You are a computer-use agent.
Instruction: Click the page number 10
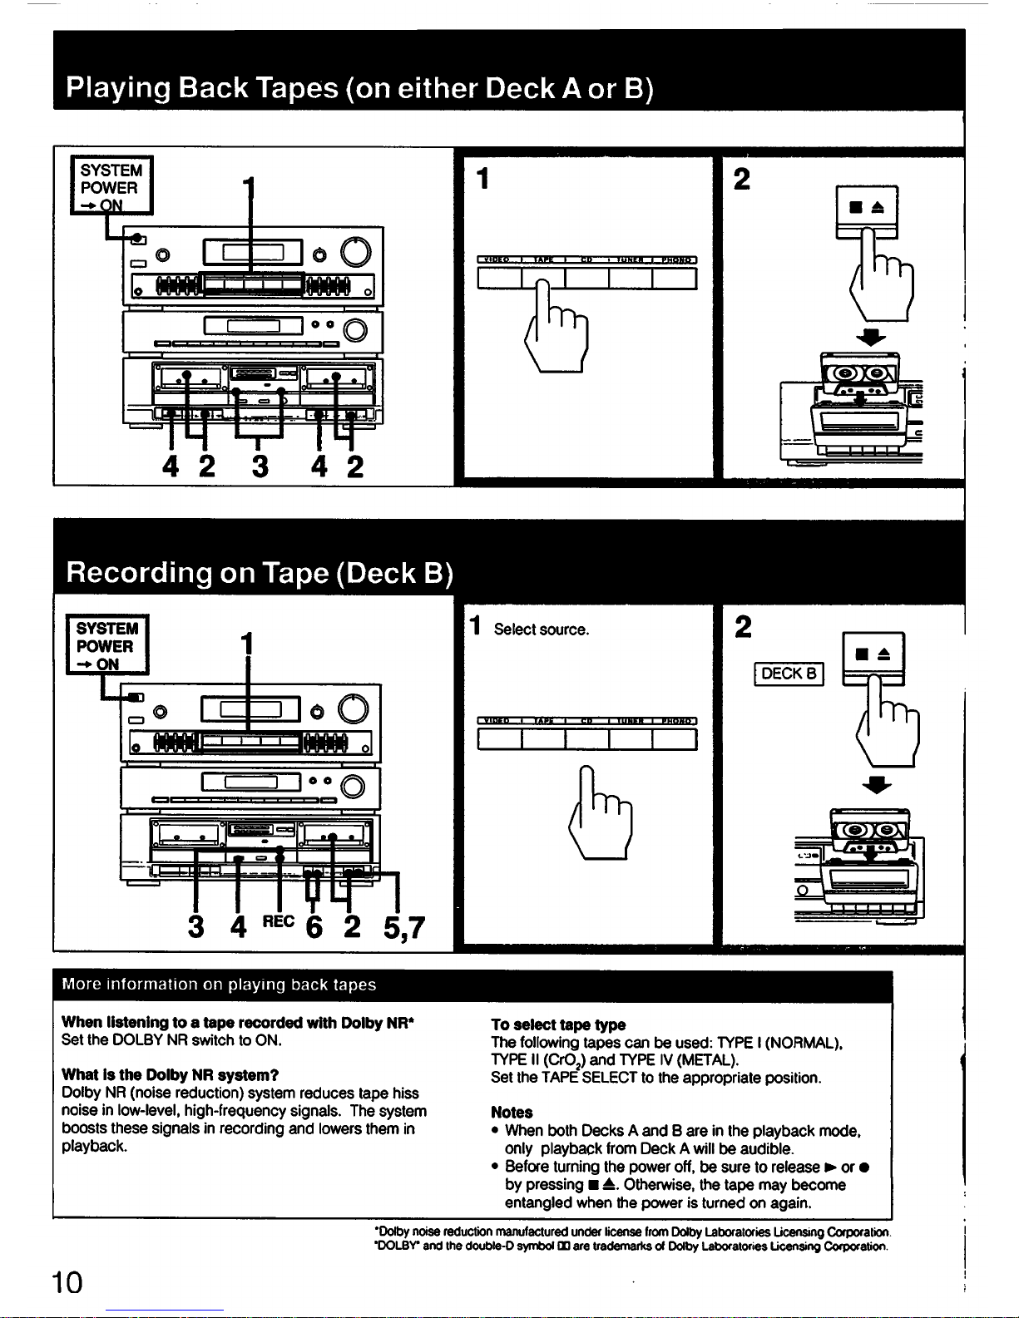pos(67,1281)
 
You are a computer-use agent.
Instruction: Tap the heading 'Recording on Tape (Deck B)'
pos(260,573)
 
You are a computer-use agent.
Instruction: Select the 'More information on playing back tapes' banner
pos(220,985)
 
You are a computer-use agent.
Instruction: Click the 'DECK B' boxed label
pos(789,674)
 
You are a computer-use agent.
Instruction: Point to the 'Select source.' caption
pos(541,629)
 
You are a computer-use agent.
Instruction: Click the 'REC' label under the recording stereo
pos(278,921)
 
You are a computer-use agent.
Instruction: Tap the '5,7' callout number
pos(404,926)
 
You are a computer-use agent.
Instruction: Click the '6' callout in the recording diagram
pos(314,926)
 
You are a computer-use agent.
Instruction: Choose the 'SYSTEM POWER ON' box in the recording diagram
pos(107,645)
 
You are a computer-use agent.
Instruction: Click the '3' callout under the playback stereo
pos(260,466)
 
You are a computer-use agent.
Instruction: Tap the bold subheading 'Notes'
pos(512,1112)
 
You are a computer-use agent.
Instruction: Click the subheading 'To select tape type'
pos(557,1024)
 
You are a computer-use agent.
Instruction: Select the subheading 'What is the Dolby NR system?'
pos(170,1075)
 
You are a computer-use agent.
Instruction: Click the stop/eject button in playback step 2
pos(867,207)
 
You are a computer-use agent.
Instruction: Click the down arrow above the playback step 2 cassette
pos(871,337)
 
